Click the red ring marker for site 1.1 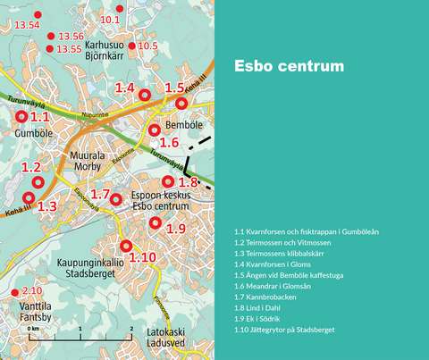21,117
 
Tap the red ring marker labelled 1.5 182,103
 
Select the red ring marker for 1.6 155,130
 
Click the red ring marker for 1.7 115,198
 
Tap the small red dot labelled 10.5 131,46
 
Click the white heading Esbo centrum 288,67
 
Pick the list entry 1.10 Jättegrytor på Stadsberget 283,330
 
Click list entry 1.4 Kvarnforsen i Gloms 276,264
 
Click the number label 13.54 28,24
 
